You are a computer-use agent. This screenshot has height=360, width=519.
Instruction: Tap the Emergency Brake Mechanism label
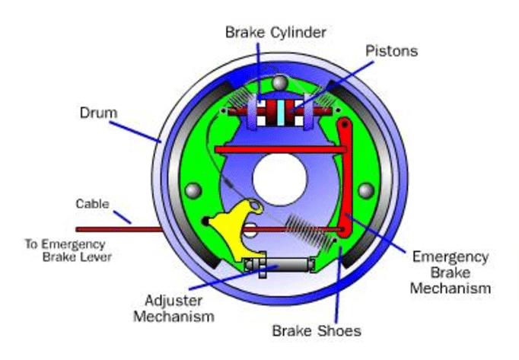448,272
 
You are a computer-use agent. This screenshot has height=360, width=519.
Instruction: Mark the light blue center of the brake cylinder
281,111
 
